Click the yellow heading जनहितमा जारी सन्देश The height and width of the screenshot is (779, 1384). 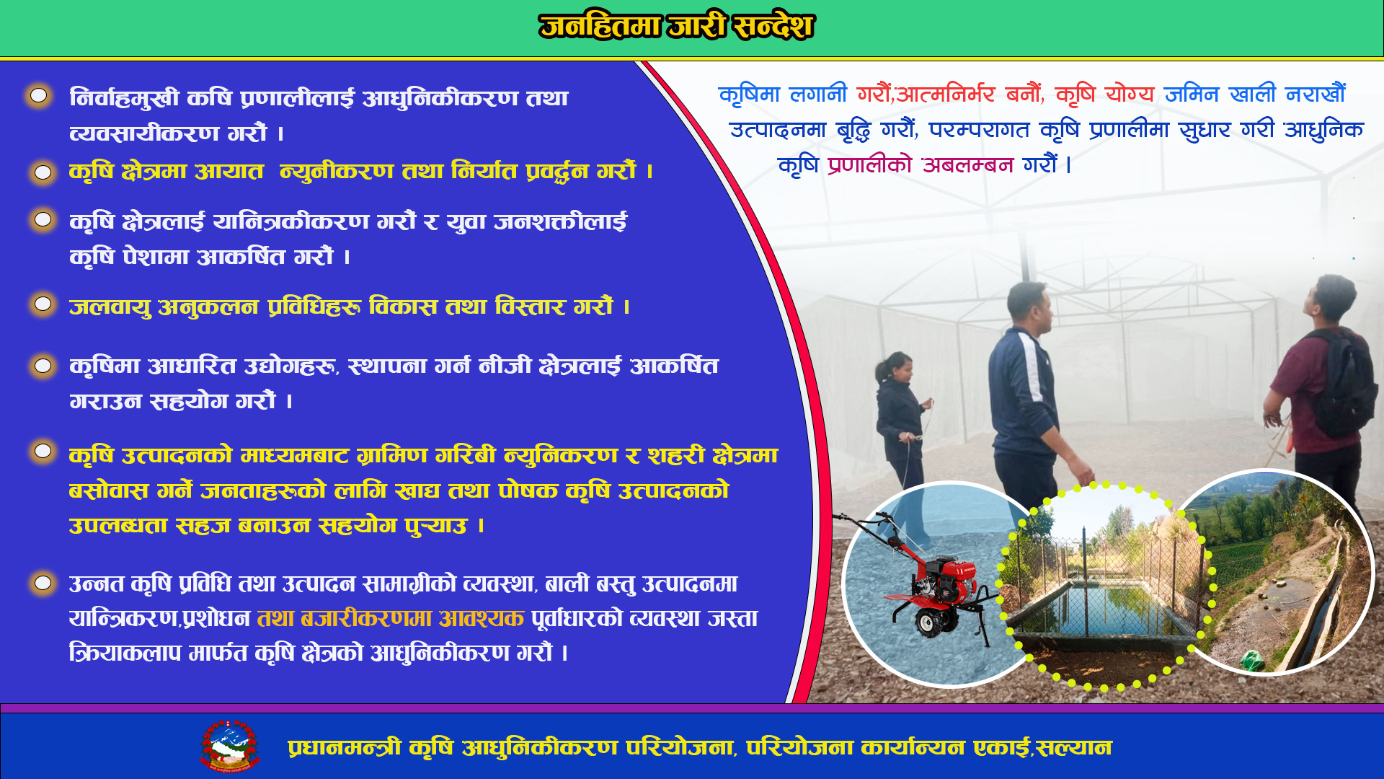point(676,27)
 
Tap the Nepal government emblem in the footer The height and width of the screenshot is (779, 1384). point(229,746)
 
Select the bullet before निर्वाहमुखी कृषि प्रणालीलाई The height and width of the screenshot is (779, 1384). point(39,95)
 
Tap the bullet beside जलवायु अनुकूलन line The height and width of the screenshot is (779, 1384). point(43,304)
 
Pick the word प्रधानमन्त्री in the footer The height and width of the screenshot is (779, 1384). point(345,747)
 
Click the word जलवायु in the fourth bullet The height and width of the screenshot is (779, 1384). point(110,307)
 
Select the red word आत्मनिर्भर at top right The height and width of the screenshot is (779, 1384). point(945,94)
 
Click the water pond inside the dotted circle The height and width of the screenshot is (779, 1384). point(1103,603)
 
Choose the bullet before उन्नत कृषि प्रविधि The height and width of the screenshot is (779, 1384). point(43,582)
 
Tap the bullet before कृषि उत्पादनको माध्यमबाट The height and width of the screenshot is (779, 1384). point(43,451)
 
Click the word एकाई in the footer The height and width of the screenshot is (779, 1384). point(1003,747)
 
